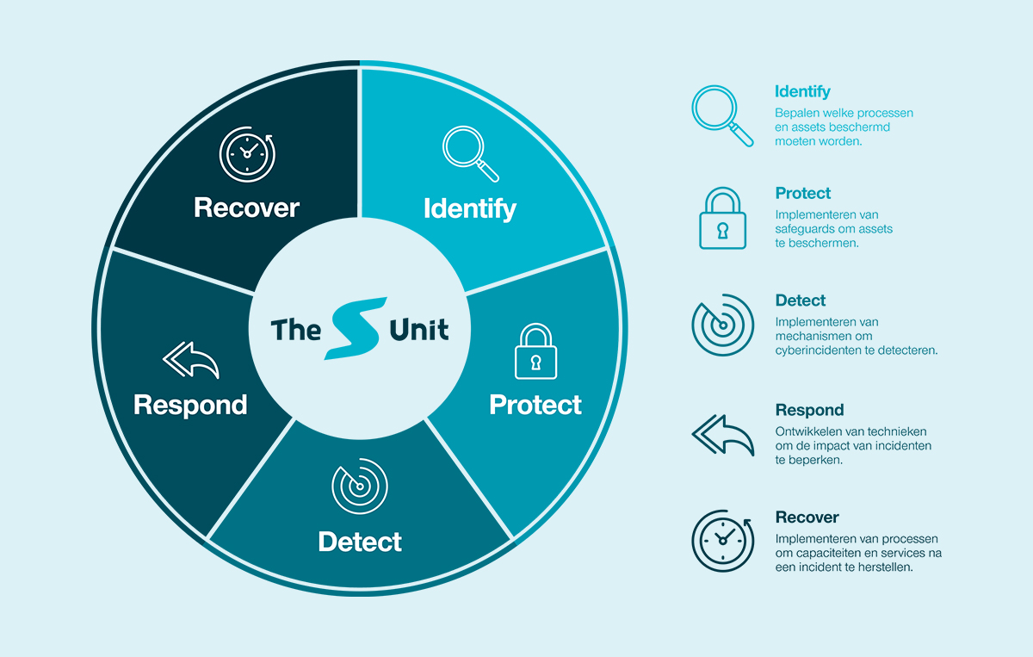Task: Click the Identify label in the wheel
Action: pos(469,208)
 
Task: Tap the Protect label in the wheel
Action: pos(535,405)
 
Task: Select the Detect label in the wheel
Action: pos(360,542)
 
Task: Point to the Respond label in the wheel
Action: pos(190,405)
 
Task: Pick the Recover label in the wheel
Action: pos(246,208)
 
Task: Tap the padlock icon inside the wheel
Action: pos(535,352)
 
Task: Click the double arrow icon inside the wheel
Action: pos(190,360)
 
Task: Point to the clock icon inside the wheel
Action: pos(246,154)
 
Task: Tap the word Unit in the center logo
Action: pos(419,329)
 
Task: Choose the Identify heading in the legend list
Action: pos(802,91)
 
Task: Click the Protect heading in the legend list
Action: pos(803,193)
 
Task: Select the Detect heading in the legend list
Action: pos(801,301)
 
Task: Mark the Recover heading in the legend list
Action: pos(807,518)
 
